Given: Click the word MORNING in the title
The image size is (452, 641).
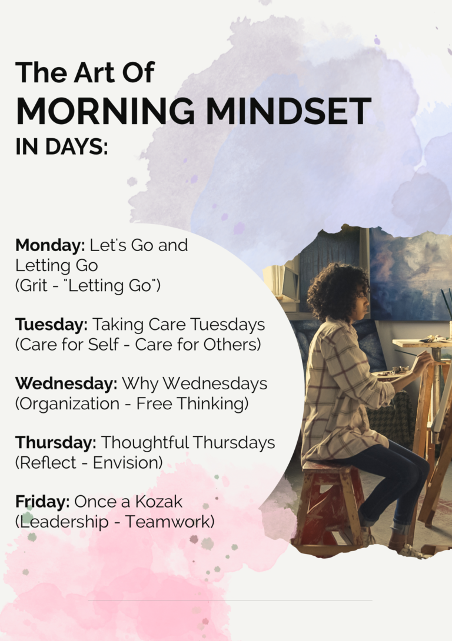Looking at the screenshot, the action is [105, 111].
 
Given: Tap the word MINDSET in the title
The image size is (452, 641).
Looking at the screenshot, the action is [288, 111].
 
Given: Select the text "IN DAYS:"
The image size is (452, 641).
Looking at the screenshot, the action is [62, 146].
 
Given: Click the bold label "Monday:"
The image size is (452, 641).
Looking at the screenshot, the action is [50, 245].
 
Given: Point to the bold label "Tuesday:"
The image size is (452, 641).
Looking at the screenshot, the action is [52, 325].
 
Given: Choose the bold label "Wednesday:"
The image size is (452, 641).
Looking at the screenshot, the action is [67, 383].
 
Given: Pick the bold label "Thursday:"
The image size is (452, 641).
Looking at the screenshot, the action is [56, 442].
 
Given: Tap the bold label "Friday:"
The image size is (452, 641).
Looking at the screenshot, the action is [42, 502].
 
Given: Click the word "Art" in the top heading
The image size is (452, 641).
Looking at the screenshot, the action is [95, 72].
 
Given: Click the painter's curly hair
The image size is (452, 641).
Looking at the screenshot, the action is [335, 291].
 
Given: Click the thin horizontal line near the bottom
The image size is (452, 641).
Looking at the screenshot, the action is [230, 600].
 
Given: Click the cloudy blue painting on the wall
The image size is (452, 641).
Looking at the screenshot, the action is [409, 274].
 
